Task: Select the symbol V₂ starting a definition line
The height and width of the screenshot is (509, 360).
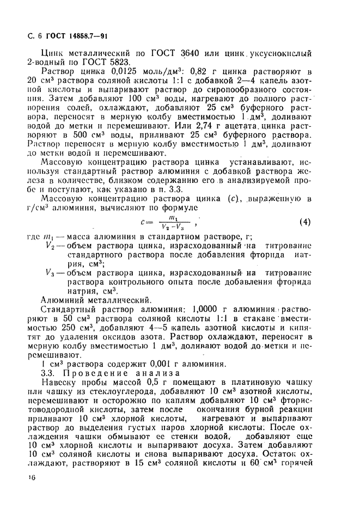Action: pyautogui.click(x=52, y=247)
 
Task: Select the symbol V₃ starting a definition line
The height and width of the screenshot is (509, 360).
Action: pyautogui.click(x=52, y=273)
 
